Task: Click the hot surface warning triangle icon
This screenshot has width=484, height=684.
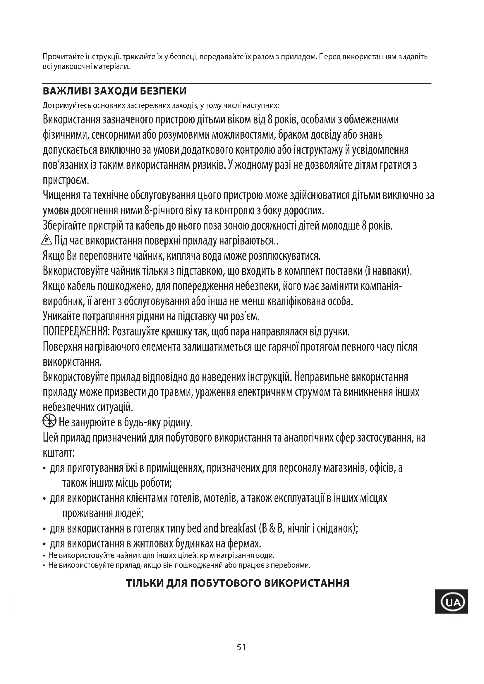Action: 47,240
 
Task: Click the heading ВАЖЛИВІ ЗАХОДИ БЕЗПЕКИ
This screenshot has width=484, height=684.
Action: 115,91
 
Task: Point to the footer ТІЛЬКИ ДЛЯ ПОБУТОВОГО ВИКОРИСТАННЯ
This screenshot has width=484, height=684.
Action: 238,583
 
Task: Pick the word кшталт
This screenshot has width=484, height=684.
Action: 59,453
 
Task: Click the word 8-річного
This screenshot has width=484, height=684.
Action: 163,211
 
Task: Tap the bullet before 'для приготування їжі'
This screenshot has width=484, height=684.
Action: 44,469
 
